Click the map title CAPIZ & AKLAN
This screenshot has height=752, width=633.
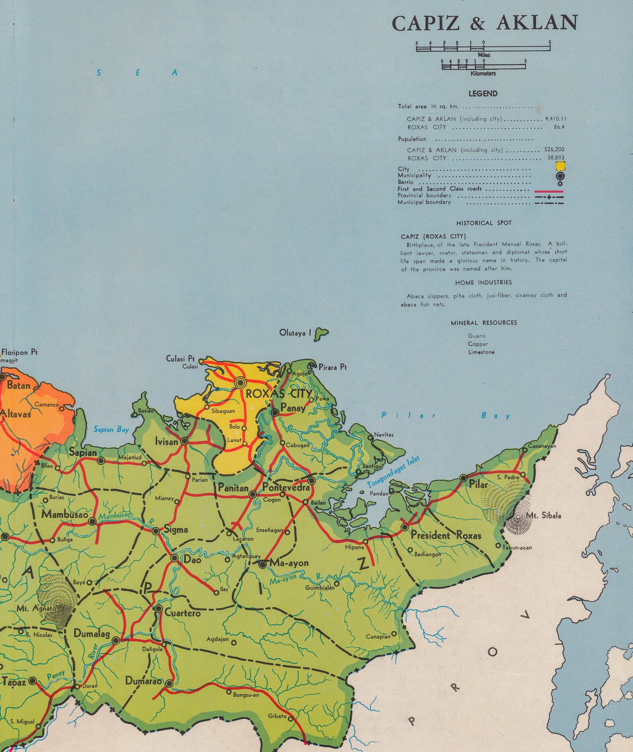click(484, 23)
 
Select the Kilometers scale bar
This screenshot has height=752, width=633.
click(483, 66)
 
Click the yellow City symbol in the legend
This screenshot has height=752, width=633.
click(560, 166)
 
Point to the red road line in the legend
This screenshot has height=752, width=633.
click(548, 192)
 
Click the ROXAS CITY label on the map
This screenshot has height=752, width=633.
click(279, 394)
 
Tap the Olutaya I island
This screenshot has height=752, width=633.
click(320, 334)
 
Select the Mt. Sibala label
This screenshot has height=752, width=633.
click(543, 516)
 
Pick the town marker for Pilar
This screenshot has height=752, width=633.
click(463, 478)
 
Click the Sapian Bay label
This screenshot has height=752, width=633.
click(111, 429)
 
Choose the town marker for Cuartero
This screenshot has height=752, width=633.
click(159, 609)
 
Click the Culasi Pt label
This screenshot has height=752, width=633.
click(180, 359)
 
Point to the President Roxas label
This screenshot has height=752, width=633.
click(445, 535)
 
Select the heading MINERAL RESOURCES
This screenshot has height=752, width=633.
click(484, 322)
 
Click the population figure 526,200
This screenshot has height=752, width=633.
click(554, 149)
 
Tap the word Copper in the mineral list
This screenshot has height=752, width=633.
click(478, 344)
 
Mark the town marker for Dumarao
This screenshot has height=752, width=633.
click(169, 683)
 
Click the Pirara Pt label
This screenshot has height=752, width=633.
click(332, 367)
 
